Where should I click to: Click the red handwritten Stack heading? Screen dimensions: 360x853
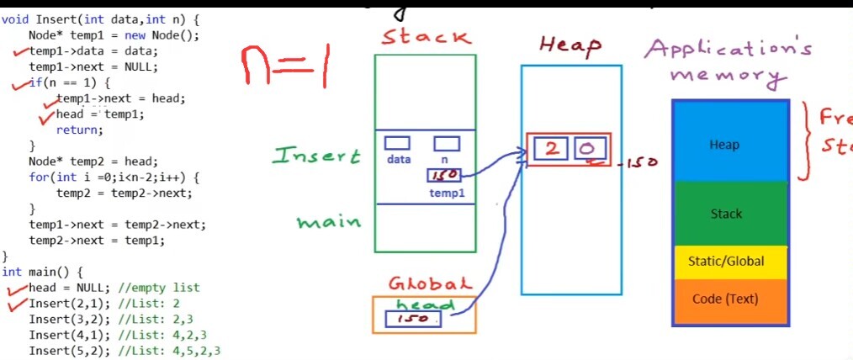point(426,38)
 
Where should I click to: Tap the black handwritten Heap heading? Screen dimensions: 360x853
point(570,45)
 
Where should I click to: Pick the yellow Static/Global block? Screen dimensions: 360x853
point(729,262)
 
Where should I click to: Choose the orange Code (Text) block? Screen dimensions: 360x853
point(729,299)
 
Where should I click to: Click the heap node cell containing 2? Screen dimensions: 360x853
point(552,150)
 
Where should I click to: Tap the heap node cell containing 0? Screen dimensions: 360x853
point(586,150)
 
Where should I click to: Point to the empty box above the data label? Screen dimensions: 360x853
point(397,143)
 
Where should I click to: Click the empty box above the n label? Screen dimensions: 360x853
point(447,143)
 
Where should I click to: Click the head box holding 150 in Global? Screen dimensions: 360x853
point(413,320)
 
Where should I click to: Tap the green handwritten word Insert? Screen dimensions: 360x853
point(316,156)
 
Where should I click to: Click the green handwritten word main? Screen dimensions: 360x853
point(328,222)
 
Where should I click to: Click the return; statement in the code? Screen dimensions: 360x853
point(79,130)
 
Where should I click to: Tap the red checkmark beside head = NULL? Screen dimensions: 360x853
point(15,289)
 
